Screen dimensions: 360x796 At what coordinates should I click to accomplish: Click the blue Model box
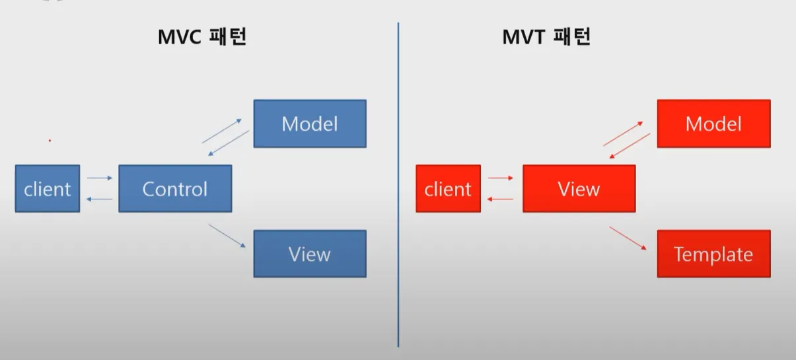click(309, 124)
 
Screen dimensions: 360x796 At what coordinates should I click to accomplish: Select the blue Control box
click(175, 189)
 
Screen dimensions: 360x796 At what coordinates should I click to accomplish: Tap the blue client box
click(48, 189)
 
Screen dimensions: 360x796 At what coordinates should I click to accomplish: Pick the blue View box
click(309, 254)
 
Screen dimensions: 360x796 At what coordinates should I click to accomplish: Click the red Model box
click(713, 124)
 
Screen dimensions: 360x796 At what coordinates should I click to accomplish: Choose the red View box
click(579, 189)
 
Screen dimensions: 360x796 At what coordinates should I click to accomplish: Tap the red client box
click(448, 189)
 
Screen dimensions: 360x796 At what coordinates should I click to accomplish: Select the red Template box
click(713, 254)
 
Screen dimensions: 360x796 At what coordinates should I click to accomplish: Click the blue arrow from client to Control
click(100, 178)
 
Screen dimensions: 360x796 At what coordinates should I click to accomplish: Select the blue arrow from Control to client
click(100, 199)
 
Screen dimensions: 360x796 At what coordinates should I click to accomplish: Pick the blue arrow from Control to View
click(227, 236)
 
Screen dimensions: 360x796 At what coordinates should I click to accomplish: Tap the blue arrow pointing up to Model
click(221, 131)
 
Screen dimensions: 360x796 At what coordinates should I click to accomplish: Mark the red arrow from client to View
click(501, 178)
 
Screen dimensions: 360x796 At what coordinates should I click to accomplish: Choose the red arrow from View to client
click(501, 199)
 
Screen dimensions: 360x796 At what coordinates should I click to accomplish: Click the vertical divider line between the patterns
click(398, 185)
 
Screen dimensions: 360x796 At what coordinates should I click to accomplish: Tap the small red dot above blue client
click(50, 141)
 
